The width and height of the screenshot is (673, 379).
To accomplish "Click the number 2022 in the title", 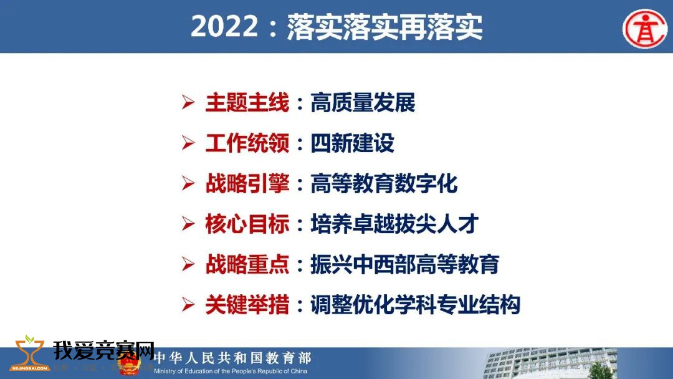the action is (224, 27).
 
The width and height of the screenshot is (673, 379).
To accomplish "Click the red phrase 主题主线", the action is (247, 103).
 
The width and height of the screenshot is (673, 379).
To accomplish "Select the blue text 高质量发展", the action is (363, 103).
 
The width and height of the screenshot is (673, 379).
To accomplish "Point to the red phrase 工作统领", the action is (247, 143).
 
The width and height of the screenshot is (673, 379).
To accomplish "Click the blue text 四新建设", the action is (352, 143).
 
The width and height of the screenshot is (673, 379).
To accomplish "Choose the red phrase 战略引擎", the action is (247, 184).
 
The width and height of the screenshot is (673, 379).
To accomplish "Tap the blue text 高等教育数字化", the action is (384, 184).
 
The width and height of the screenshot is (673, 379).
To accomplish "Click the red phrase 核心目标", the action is (247, 224).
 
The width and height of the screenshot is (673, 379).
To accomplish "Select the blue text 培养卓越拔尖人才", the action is (394, 224).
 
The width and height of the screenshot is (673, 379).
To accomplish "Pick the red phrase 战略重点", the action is (247, 264).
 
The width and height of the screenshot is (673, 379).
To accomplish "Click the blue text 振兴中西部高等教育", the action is (405, 264).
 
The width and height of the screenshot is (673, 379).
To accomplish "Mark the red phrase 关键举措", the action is (247, 305).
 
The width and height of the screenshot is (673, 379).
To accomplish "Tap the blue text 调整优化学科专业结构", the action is (416, 305).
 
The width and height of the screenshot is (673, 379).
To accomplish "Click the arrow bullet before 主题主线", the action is (188, 102).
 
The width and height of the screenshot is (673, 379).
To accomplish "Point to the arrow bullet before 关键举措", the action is (188, 304).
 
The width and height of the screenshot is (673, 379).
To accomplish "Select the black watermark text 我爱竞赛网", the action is (104, 351).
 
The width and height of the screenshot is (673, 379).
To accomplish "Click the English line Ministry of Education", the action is (231, 372).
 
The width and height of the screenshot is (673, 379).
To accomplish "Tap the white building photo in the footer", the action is (551, 363).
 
